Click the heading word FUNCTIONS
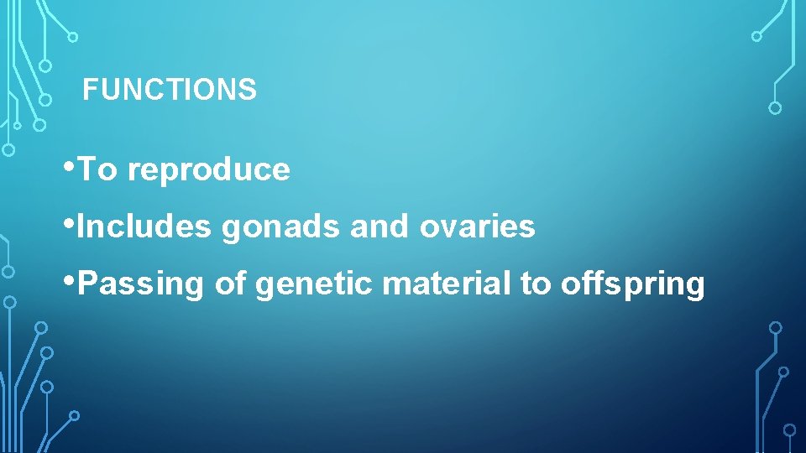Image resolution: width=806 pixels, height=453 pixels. tap(170, 90)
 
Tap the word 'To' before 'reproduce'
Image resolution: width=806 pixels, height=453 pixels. tap(98, 170)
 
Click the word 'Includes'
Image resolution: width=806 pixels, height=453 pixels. tap(144, 226)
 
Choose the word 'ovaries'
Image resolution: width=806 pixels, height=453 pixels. tap(477, 226)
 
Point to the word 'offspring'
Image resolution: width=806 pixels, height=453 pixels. tap(632, 285)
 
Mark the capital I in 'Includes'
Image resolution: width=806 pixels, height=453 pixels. tap(80, 226)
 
